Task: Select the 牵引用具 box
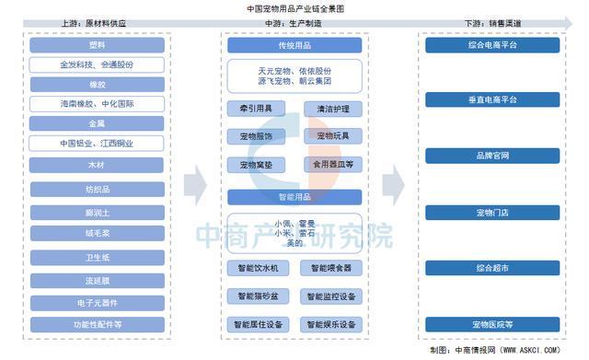click(258, 109)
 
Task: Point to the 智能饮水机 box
click(258, 268)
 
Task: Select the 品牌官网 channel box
click(492, 156)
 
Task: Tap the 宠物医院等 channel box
click(492, 325)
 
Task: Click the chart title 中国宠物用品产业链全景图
click(294, 7)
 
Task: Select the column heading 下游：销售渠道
click(492, 23)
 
